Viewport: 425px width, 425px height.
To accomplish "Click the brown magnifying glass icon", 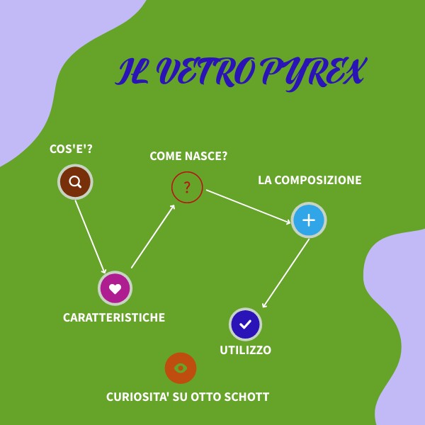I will click(75, 181).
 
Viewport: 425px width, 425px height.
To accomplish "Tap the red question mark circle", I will click(187, 188).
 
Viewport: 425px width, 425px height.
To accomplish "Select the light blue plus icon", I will click(309, 220).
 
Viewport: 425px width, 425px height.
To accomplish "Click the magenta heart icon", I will click(115, 288).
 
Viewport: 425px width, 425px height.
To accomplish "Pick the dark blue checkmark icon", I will click(246, 324).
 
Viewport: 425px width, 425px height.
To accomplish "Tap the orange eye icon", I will click(181, 368).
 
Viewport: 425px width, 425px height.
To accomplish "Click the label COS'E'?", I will click(71, 149).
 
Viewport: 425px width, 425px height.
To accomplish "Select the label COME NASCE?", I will click(188, 156).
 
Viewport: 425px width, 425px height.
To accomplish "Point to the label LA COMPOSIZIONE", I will click(310, 180).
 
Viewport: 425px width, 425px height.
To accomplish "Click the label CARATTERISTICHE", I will click(114, 317).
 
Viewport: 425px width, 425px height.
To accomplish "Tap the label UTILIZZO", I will click(245, 350).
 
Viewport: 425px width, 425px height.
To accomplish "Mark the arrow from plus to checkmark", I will click(285, 273).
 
